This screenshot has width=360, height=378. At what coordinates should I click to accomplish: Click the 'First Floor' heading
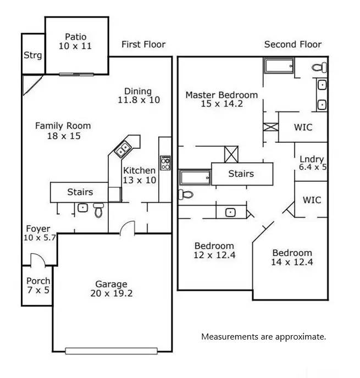coord(143,45)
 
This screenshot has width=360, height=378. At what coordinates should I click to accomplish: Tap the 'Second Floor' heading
coord(292,45)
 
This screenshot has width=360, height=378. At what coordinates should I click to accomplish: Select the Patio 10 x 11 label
coord(76,42)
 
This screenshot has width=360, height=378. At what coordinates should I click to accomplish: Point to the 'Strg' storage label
coord(32,55)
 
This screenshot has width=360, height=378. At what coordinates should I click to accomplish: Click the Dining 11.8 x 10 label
coord(138,96)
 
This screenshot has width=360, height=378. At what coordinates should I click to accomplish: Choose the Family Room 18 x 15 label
coord(63,131)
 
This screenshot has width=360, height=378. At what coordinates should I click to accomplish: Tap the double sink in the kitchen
coord(123,148)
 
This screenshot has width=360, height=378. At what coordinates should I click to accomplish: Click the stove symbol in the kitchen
coord(165,162)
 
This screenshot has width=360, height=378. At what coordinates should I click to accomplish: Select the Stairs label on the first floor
coord(80,192)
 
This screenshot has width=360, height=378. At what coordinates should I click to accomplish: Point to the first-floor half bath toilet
coord(98,209)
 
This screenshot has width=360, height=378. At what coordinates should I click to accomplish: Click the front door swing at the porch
coord(36,260)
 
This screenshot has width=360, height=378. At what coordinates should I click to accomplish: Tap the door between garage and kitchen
coord(128,227)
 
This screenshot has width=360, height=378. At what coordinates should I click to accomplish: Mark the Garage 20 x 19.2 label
coord(111,288)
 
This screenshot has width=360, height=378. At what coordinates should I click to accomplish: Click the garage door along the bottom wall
coord(112,351)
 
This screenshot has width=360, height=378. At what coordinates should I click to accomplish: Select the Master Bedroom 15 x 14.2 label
coord(221,100)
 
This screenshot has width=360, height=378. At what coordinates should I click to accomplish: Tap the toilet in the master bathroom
coord(319,68)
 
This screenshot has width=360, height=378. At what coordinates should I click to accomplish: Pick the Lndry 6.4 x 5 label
coord(312,163)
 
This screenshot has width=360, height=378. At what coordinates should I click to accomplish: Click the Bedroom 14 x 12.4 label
coord(292,257)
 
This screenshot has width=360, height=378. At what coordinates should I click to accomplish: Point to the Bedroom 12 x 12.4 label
coord(214,251)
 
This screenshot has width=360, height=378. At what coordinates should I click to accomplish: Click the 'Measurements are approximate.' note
coord(263,336)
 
